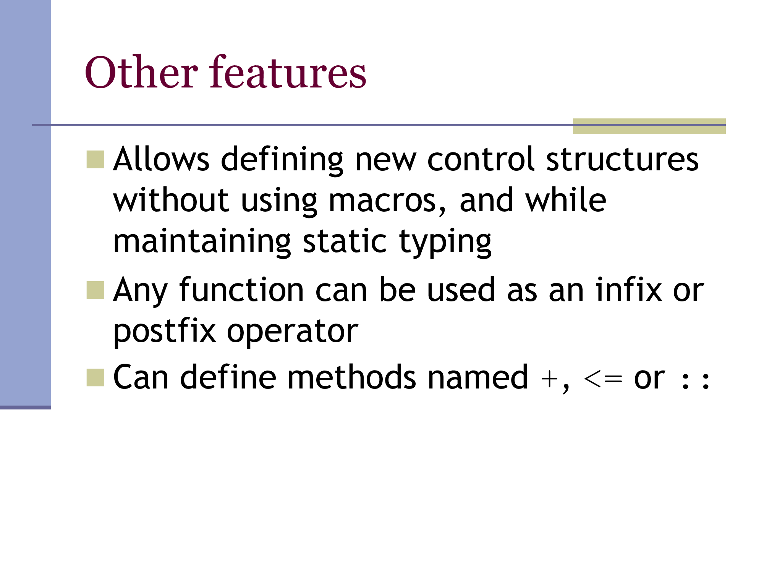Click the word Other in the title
pyautogui.click(x=141, y=72)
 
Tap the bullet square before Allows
pyautogui.click(x=95, y=159)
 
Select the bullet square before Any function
pyautogui.click(x=95, y=290)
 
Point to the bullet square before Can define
pyautogui.click(x=95, y=377)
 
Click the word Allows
pyautogui.click(x=161, y=158)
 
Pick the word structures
pyautogui.click(x=622, y=158)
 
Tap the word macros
pyautogui.click(x=382, y=200)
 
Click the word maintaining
pyautogui.click(x=202, y=241)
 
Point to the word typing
pyautogui.click(x=445, y=242)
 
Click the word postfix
pyautogui.click(x=165, y=331)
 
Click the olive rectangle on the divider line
pyautogui.click(x=649, y=126)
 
